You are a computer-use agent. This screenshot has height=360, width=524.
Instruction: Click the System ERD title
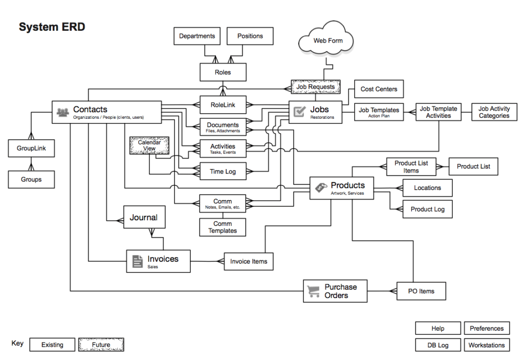(52, 27)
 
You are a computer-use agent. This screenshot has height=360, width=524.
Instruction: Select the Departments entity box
(197, 36)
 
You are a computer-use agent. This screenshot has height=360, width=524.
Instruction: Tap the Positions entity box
(250, 36)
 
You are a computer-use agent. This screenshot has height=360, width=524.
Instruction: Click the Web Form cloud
(327, 40)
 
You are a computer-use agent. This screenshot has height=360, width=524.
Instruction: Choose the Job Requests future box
(315, 87)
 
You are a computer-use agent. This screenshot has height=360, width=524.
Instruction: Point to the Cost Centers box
(379, 89)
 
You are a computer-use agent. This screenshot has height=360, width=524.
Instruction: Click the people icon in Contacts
(63, 112)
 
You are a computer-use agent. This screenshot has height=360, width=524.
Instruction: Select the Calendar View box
(149, 145)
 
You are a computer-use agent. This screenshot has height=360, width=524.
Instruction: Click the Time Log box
(223, 172)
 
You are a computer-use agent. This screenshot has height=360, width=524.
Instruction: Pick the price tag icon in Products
(320, 187)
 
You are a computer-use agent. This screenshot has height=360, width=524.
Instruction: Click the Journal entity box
(144, 218)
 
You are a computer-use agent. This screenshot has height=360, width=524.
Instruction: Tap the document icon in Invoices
(137, 261)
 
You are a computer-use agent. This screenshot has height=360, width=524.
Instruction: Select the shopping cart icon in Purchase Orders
(313, 291)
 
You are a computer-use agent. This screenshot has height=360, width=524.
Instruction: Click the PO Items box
(421, 291)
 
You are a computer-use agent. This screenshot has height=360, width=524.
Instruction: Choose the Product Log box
(427, 209)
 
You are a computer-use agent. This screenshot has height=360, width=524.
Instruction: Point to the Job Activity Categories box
(494, 112)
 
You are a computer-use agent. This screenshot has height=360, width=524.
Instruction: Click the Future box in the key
(101, 345)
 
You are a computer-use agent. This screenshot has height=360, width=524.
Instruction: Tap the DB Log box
(438, 345)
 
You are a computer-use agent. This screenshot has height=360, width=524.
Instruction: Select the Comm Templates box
(223, 227)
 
